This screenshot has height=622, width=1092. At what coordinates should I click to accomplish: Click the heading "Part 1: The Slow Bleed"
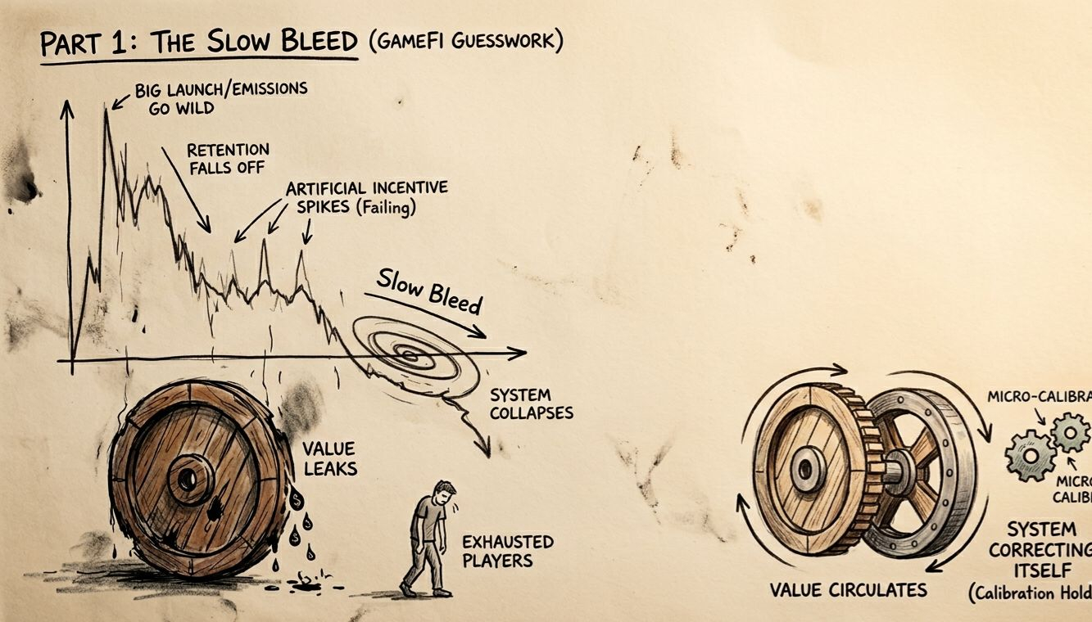click(x=198, y=42)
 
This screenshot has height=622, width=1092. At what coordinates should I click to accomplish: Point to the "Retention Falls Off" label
click(x=228, y=159)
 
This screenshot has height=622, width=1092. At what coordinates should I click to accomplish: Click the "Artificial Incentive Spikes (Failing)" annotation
click(x=366, y=197)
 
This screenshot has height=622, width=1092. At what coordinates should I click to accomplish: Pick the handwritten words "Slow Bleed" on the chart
click(x=428, y=291)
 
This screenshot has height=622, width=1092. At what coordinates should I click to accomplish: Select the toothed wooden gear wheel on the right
click(x=807, y=469)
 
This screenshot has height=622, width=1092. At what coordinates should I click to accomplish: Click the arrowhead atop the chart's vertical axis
click(x=68, y=106)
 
